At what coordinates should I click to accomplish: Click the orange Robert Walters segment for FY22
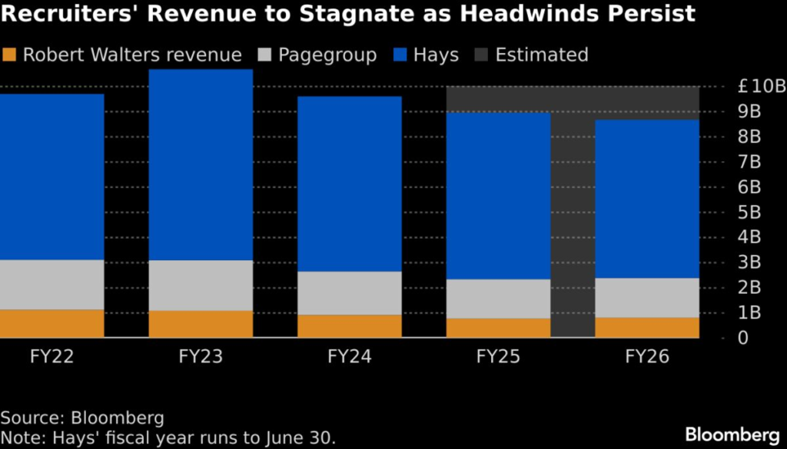tap(51, 323)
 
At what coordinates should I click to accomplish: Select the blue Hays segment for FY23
tap(201, 165)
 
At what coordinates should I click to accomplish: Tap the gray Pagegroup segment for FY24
tap(350, 292)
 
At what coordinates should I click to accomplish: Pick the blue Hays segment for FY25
tap(498, 196)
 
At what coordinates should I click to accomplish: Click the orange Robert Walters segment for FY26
tap(647, 327)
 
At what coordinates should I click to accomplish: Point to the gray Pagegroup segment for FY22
tap(51, 284)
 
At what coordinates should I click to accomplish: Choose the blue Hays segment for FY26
tap(647, 199)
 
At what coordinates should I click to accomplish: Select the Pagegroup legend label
tap(327, 55)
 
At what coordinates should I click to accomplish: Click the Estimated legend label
tap(542, 55)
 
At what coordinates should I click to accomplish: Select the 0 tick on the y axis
tap(743, 338)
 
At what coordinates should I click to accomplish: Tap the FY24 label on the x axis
tap(350, 357)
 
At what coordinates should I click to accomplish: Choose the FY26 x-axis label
tap(647, 357)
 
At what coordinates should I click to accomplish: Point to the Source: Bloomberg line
tap(82, 418)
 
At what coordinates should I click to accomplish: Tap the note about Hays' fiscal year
tap(168, 438)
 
